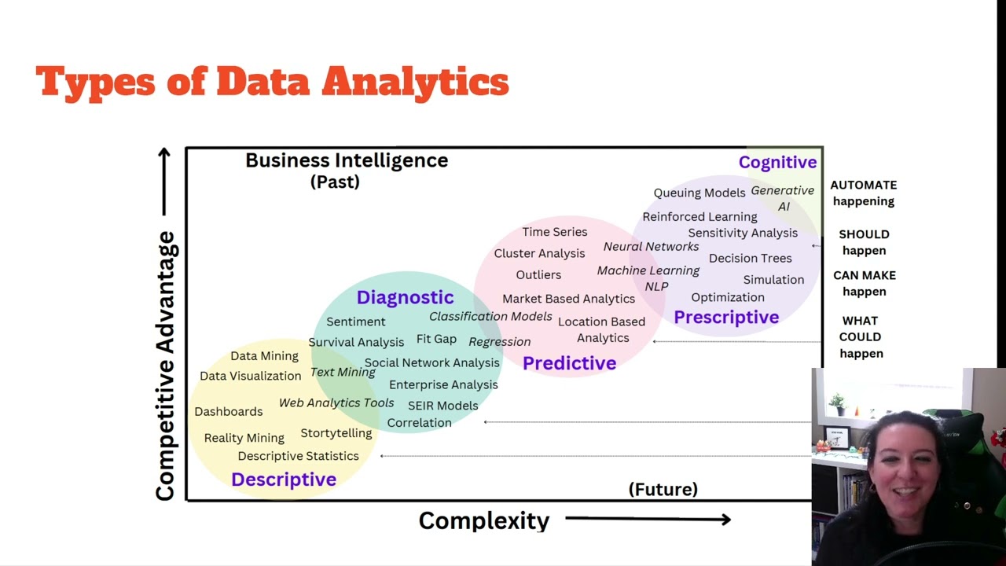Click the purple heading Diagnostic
(405, 297)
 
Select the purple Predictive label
(569, 363)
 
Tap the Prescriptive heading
(726, 318)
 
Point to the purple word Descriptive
(284, 480)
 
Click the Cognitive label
(777, 163)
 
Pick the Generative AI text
(783, 198)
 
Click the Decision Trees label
(750, 258)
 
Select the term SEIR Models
(442, 406)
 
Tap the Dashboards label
(229, 411)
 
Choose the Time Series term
(555, 232)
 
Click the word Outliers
(538, 275)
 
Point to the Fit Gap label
(436, 339)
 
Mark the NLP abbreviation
(656, 286)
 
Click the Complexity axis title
(483, 520)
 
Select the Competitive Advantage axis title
(165, 366)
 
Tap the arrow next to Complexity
(648, 519)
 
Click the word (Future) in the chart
(663, 490)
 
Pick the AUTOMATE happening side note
(864, 193)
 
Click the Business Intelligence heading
(347, 160)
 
